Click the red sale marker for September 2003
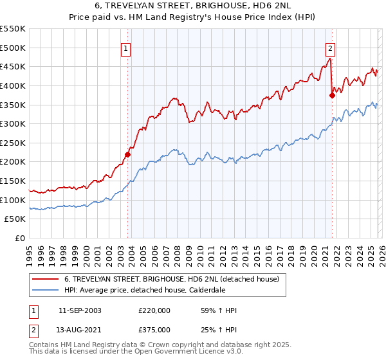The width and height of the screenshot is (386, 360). coord(127,154)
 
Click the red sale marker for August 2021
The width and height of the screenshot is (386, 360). coord(332,95)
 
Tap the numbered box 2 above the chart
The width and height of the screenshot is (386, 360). coord(330,47)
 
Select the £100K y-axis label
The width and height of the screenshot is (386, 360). coord(14,201)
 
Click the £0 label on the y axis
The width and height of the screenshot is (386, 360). coord(21,239)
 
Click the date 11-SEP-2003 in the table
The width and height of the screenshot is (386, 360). coord(80,310)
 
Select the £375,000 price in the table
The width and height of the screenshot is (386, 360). coord(154,329)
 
